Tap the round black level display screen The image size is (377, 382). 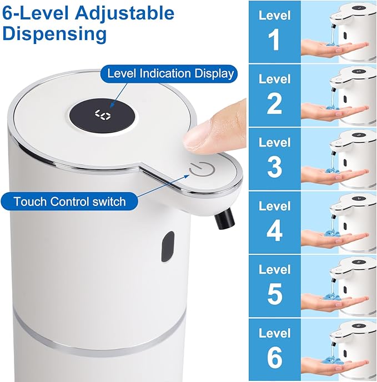[103, 115]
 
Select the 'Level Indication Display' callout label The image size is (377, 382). [170, 73]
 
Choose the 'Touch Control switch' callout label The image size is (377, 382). [69, 201]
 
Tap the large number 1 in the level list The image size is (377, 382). [274, 41]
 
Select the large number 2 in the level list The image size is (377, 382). [274, 104]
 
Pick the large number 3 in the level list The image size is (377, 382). [274, 167]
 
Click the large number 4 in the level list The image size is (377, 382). [274, 231]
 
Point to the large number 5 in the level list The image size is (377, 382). [274, 294]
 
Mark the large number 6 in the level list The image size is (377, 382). [274, 358]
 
